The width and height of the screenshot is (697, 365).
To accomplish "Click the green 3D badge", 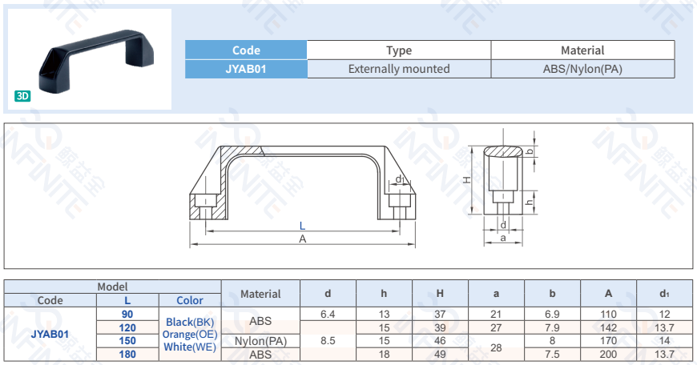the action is point(22,96).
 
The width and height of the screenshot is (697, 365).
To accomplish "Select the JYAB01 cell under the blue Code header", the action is point(246,70).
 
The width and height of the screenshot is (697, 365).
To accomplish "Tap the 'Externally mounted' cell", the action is point(399,70).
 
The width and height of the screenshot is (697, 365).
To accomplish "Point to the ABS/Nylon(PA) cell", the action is point(582,70).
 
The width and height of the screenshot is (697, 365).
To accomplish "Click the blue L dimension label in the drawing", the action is point(302,226).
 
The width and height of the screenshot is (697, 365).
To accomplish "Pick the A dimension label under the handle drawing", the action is point(303,239).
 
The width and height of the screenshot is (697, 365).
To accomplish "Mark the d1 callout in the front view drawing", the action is point(399,178).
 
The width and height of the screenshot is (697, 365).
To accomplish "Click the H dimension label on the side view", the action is point(466,180).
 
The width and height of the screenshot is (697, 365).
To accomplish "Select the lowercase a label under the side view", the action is point(503,238).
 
